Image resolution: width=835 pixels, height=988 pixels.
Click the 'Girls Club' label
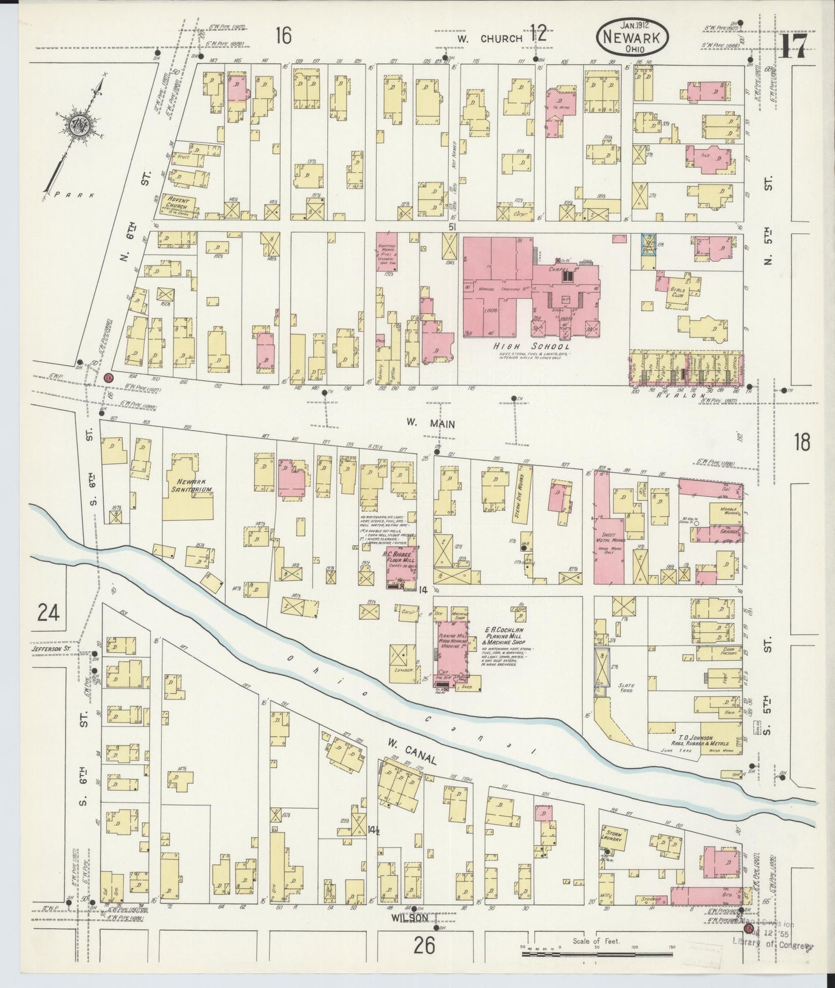pyautogui.click(x=674, y=291)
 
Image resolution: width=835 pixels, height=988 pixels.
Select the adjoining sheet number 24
pyautogui.click(x=49, y=611)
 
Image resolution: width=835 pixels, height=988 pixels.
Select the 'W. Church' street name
pyautogui.click(x=489, y=38)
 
